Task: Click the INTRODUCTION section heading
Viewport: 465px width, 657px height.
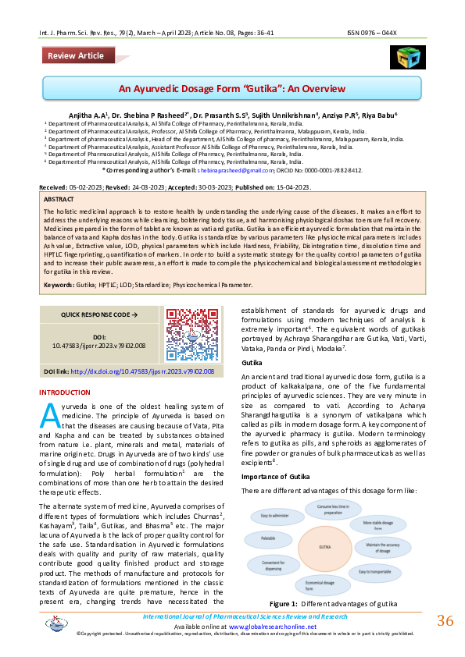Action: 65,392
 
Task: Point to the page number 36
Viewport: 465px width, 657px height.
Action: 445,621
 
